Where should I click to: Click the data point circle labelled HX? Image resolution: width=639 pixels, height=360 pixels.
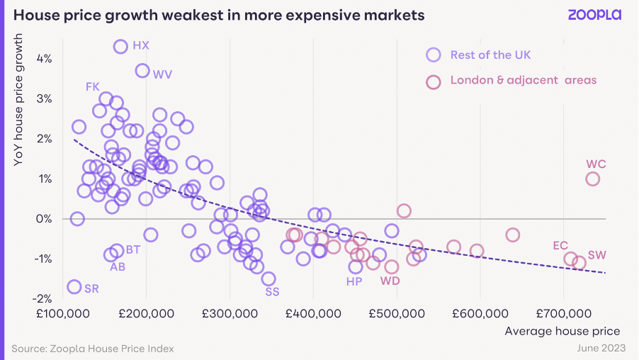click(x=120, y=40)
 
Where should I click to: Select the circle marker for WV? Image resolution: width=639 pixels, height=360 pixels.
click(x=142, y=64)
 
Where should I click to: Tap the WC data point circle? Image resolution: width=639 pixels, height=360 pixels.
click(x=592, y=171)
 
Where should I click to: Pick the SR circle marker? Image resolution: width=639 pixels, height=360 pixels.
click(x=74, y=280)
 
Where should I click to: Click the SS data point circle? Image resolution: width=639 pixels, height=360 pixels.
click(x=268, y=272)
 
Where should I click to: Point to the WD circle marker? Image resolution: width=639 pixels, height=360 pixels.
click(x=392, y=260)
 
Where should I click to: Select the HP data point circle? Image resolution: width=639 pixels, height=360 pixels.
click(x=356, y=260)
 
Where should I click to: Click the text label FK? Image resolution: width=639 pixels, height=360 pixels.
click(x=93, y=87)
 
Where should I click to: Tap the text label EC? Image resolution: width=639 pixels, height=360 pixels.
click(x=560, y=245)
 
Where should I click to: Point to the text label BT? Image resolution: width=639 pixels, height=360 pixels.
click(x=133, y=249)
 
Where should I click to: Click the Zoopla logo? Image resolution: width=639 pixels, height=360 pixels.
click(x=594, y=15)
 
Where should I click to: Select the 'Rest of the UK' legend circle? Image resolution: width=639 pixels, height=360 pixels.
click(x=434, y=47)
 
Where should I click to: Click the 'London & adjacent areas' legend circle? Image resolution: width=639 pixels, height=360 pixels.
click(x=434, y=75)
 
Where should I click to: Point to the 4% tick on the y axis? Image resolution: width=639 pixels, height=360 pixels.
click(x=44, y=59)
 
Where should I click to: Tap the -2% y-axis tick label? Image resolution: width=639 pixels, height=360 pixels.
click(x=43, y=299)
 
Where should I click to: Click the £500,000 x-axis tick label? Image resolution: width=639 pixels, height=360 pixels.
click(x=397, y=313)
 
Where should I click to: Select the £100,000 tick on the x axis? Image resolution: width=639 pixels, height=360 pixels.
click(x=63, y=313)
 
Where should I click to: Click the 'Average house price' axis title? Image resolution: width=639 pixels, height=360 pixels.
click(x=562, y=331)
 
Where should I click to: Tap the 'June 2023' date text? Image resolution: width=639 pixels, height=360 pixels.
click(x=601, y=348)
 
